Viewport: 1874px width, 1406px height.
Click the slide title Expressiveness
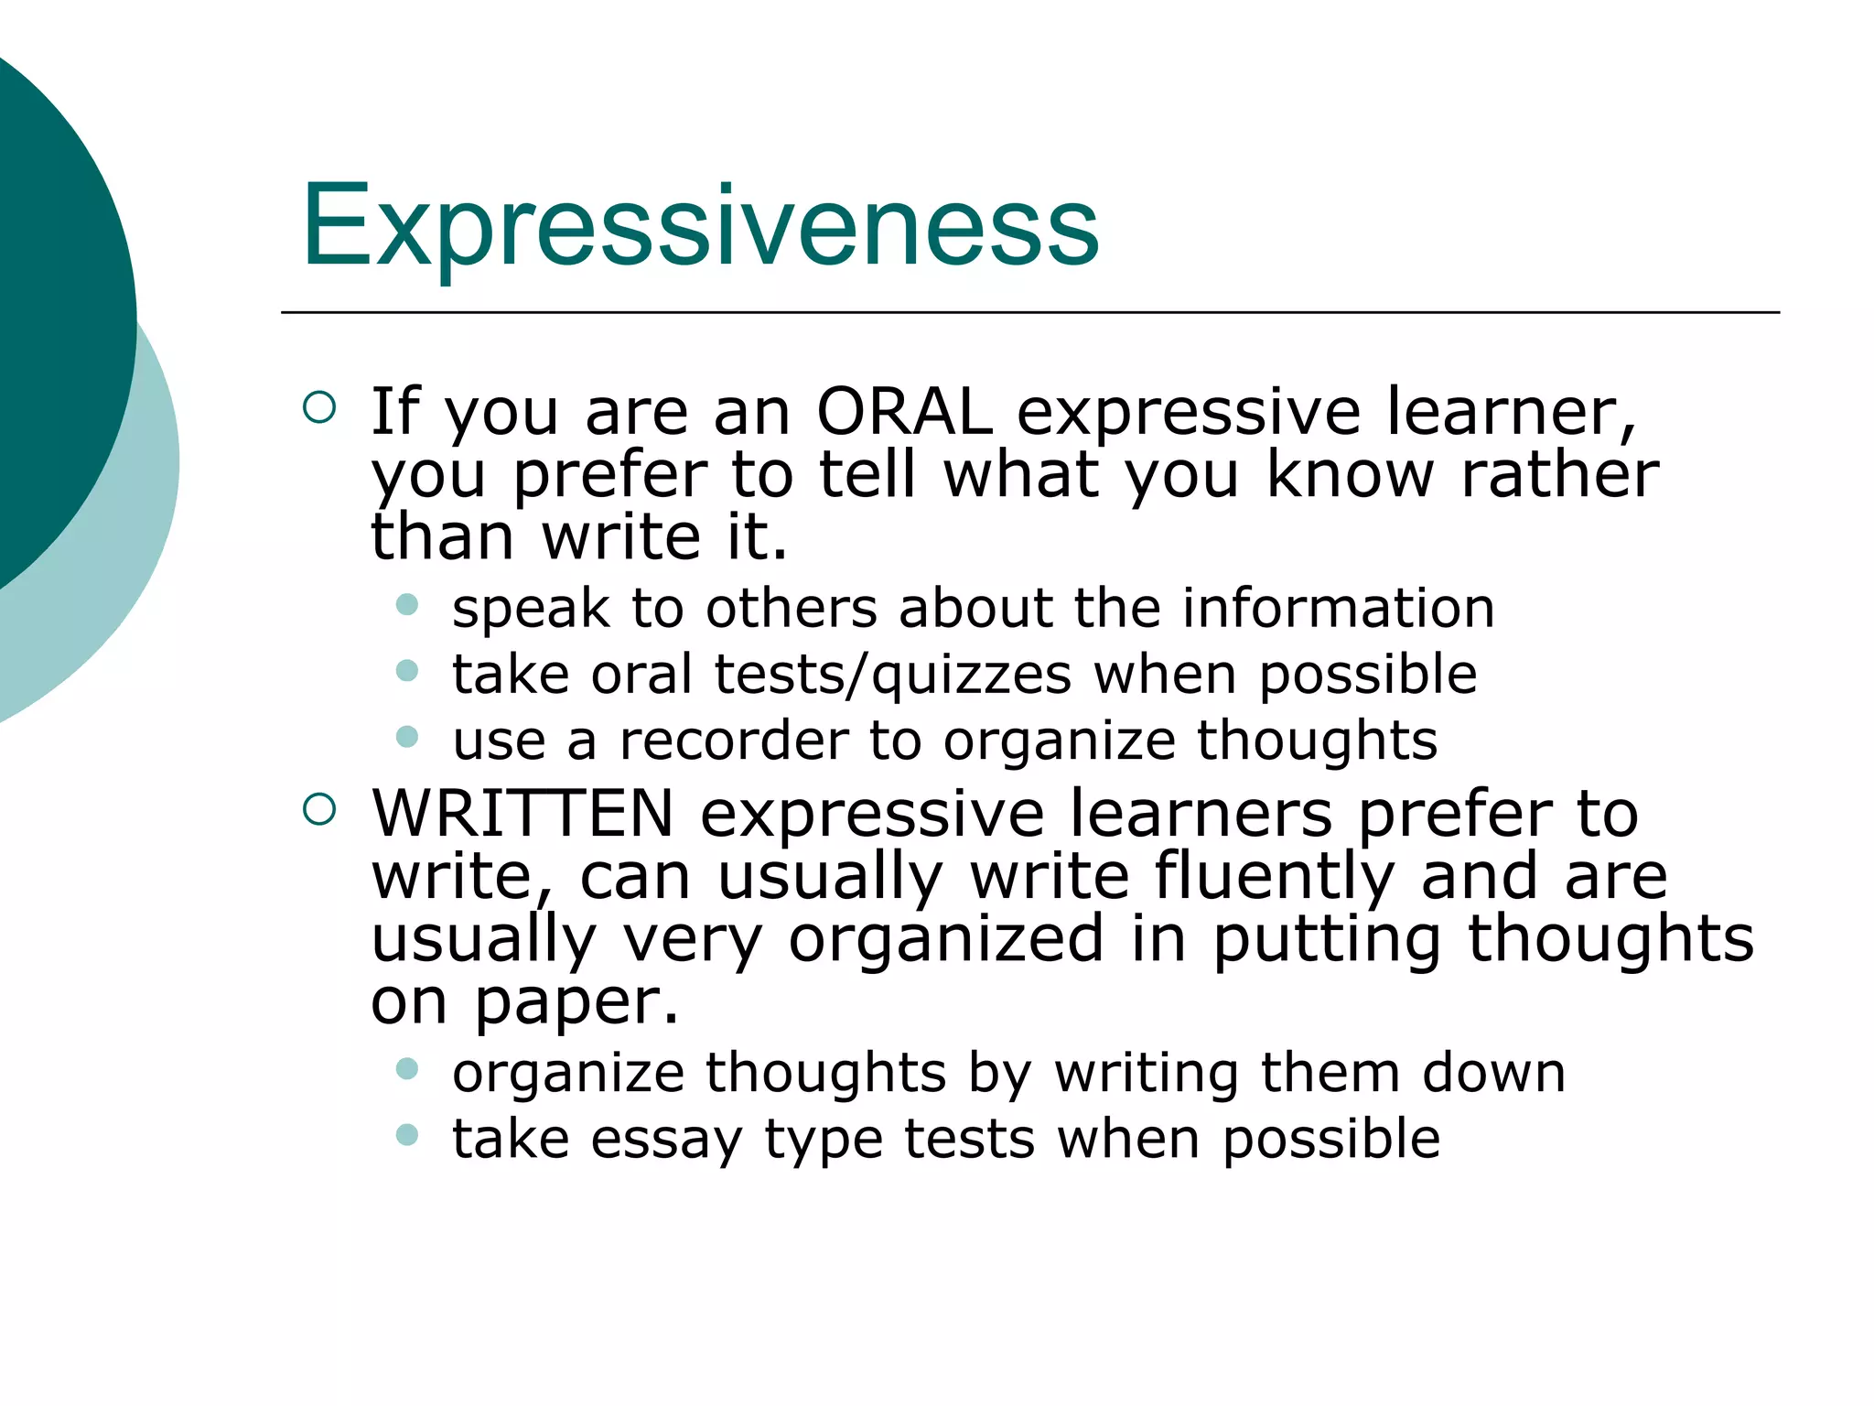(x=700, y=227)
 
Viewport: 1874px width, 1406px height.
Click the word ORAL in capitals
(x=904, y=412)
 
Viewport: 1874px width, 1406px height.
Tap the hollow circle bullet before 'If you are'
(x=319, y=407)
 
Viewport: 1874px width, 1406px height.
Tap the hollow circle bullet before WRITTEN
(x=319, y=809)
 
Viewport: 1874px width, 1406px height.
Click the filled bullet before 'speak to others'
(x=407, y=604)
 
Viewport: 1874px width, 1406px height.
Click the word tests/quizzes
(x=892, y=675)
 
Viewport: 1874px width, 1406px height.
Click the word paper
(x=576, y=1001)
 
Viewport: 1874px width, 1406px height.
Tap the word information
(x=1338, y=608)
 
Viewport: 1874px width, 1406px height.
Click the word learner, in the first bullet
(x=1510, y=412)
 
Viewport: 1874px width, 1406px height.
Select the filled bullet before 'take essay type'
(x=407, y=1135)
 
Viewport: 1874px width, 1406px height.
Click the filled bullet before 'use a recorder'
(x=407, y=737)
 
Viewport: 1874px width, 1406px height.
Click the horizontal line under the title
(x=1029, y=313)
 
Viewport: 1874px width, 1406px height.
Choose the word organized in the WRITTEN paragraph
(x=946, y=939)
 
